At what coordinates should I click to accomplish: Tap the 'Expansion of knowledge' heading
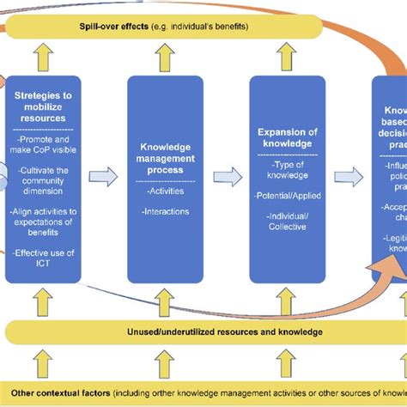click(288, 138)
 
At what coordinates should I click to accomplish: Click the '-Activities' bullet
click(163, 192)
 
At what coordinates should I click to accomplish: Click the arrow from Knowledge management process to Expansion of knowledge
click(225, 177)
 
